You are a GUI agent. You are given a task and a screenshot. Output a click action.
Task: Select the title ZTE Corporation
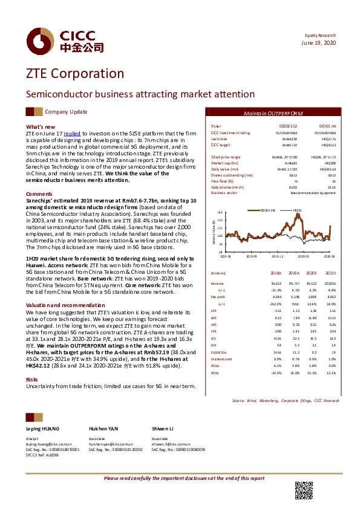point(74,73)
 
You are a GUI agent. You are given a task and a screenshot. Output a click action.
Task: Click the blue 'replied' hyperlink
point(72,132)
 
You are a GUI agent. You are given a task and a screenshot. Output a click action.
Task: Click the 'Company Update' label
point(66,112)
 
